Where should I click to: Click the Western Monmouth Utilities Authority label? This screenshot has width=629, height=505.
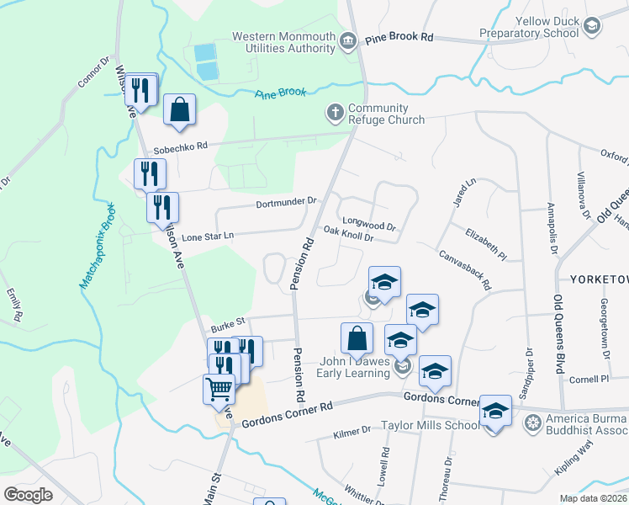coord(283,42)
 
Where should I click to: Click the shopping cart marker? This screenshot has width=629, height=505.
coord(219,390)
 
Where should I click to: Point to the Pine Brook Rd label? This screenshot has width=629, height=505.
coord(399,38)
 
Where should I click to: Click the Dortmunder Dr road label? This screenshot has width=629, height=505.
coord(286,202)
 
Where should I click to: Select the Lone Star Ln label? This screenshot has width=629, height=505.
coord(205,237)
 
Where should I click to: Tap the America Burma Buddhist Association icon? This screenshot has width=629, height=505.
coord(530,421)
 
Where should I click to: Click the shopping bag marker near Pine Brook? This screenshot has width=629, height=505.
coord(179,110)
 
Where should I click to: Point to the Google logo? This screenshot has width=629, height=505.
coord(28,494)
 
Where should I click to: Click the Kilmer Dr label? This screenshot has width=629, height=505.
coord(351,431)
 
